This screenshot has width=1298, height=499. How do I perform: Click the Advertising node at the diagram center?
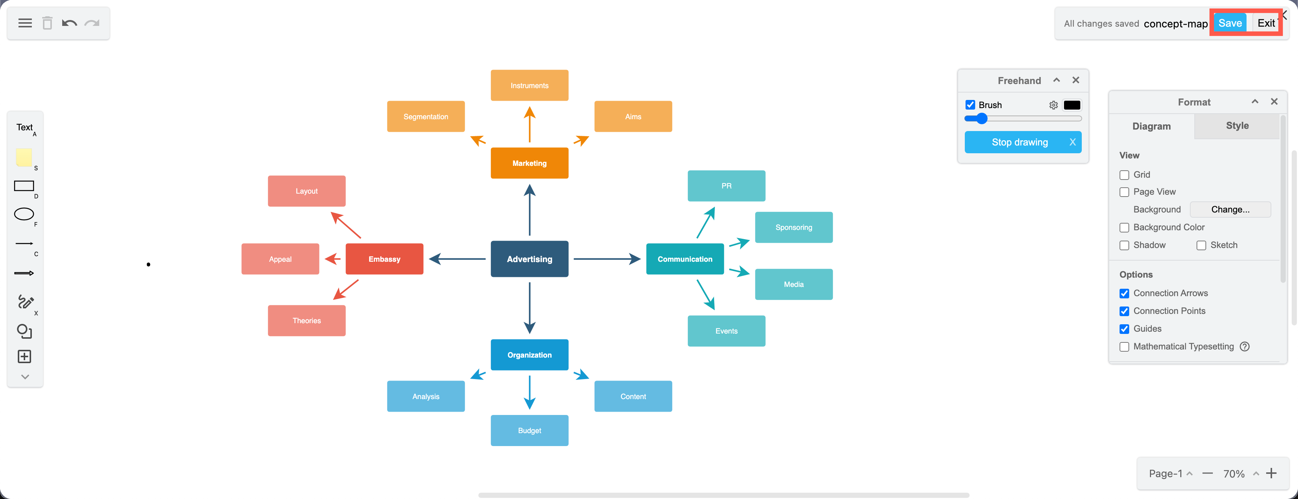pos(529,259)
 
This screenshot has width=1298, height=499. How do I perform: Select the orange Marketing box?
pos(529,163)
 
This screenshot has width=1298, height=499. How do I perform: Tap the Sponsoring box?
pos(793,227)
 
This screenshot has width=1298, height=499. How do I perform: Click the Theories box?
pos(307,321)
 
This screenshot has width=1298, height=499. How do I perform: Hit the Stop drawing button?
pos(1019,142)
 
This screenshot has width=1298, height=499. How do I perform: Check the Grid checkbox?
pos(1124,175)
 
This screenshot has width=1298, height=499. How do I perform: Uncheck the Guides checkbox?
pos(1124,329)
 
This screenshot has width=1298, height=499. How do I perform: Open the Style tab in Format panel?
pos(1237,126)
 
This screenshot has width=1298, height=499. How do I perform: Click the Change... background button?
pos(1230,210)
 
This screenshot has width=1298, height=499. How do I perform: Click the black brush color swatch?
pos(1071,105)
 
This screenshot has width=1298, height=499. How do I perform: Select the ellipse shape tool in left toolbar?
pos(24,214)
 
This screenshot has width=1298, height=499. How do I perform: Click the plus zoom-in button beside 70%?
pos(1271,473)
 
